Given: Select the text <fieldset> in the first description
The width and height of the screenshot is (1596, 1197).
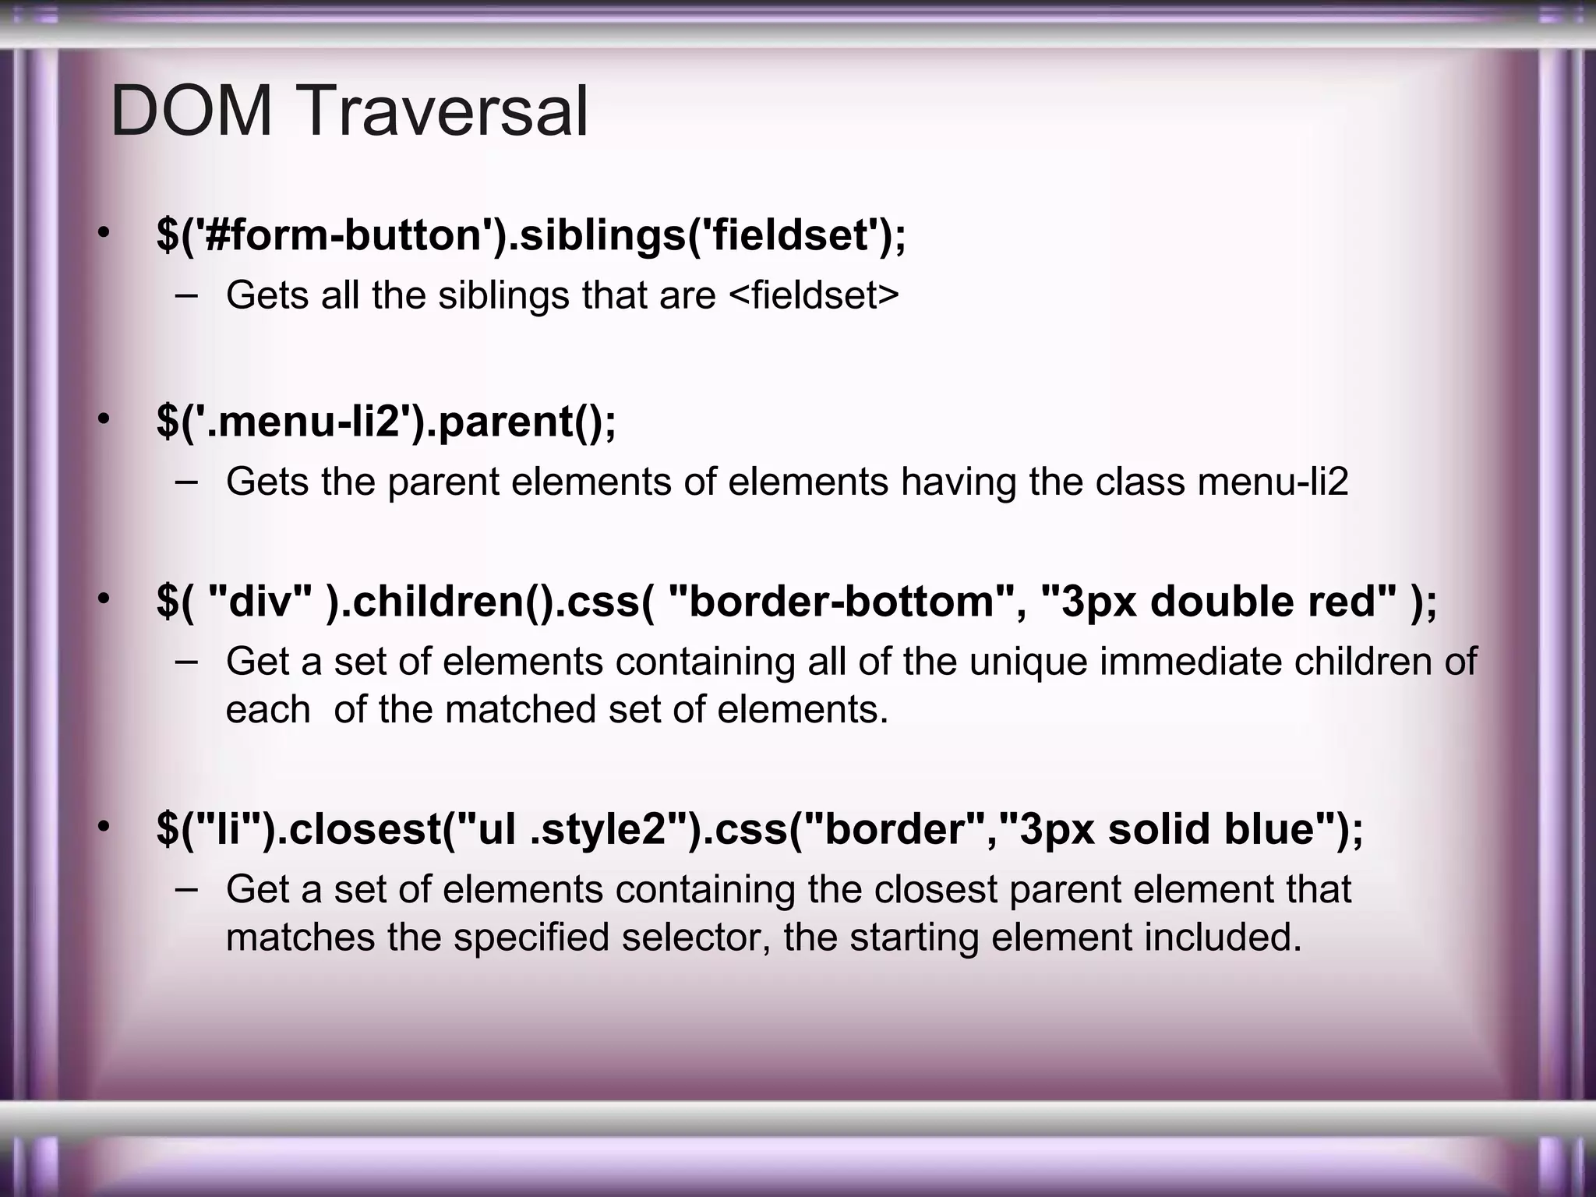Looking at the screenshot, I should (x=814, y=295).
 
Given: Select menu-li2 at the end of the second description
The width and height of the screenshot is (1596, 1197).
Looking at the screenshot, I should (x=1273, y=482).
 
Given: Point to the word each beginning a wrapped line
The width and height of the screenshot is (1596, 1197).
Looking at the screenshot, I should (x=267, y=710).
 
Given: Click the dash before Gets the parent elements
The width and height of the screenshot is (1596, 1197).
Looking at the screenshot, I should (x=186, y=480).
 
